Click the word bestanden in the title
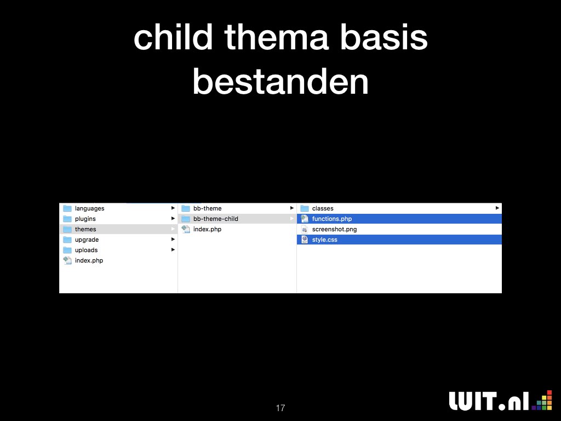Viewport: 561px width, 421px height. (x=280, y=82)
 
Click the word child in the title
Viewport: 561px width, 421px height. (x=173, y=37)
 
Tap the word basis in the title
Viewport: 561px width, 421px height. (x=383, y=37)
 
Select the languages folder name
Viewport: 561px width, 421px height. (x=89, y=208)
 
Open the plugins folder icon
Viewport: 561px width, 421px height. (x=67, y=219)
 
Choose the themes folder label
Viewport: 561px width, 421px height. (x=85, y=229)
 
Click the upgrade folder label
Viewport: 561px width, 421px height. (x=87, y=240)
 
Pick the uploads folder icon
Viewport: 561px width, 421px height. (x=67, y=250)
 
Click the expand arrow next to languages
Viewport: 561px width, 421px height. (x=173, y=208)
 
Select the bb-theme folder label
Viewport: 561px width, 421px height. (x=207, y=208)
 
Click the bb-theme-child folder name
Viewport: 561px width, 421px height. (x=215, y=219)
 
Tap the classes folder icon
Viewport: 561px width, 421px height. (x=305, y=208)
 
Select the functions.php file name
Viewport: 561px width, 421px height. (x=331, y=219)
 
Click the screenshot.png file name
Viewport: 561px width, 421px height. (x=334, y=229)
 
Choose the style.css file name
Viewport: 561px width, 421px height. (x=324, y=240)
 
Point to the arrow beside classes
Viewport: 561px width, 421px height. (x=497, y=208)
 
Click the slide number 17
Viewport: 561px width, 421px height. (x=280, y=408)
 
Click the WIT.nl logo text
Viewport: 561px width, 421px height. (x=489, y=401)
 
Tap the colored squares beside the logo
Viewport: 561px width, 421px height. (x=542, y=400)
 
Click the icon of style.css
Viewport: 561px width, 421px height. (x=305, y=240)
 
